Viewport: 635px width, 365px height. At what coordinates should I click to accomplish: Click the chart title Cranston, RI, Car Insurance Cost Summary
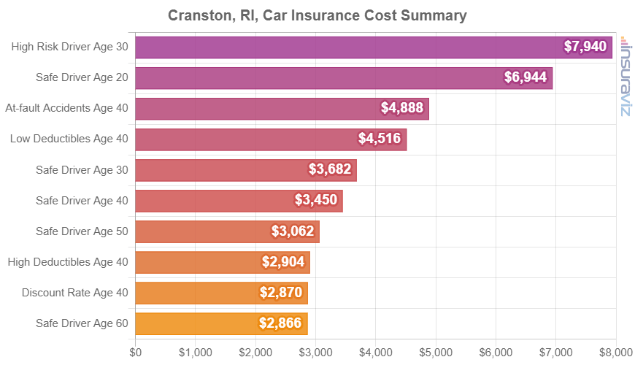(317, 15)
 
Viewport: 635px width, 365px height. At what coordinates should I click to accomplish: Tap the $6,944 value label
(526, 77)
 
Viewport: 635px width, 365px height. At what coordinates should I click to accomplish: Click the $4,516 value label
(380, 139)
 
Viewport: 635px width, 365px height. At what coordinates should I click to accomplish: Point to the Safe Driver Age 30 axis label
(82, 169)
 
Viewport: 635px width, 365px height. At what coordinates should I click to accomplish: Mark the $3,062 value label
(293, 231)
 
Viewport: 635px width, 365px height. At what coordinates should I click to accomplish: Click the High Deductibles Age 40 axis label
(67, 261)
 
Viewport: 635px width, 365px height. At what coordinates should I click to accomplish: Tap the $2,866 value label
(280, 323)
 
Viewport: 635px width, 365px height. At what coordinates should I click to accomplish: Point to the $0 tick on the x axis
(136, 353)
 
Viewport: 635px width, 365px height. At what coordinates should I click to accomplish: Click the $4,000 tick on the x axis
(376, 353)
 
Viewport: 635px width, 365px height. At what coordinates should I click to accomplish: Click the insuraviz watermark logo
(625, 77)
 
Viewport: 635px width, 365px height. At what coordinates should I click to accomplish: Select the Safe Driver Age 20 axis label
(82, 77)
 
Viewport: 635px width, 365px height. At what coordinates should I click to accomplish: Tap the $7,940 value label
(585, 47)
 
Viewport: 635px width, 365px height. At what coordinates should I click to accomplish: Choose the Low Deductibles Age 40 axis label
(69, 139)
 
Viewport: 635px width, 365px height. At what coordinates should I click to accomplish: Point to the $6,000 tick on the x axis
(496, 353)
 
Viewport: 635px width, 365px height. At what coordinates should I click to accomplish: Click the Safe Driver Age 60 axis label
(82, 323)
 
